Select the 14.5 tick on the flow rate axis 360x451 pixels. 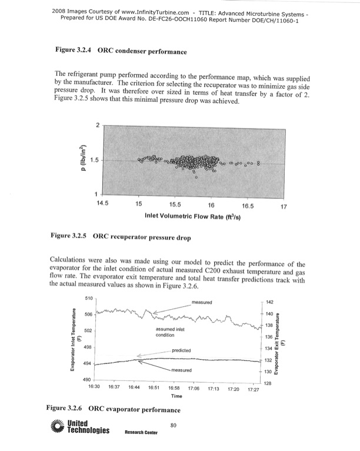click(x=104, y=204)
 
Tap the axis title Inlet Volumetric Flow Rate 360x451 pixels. click(x=194, y=215)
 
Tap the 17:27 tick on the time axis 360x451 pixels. click(x=254, y=389)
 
